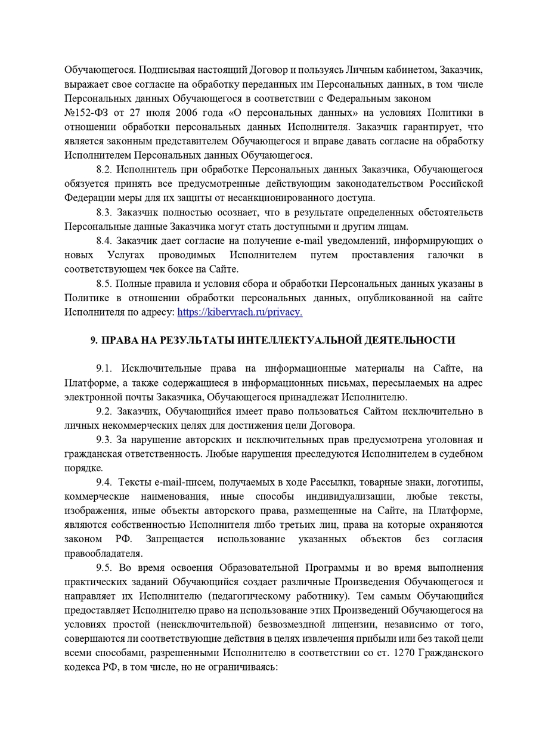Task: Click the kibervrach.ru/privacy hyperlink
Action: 240,311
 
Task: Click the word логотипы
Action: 460,482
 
